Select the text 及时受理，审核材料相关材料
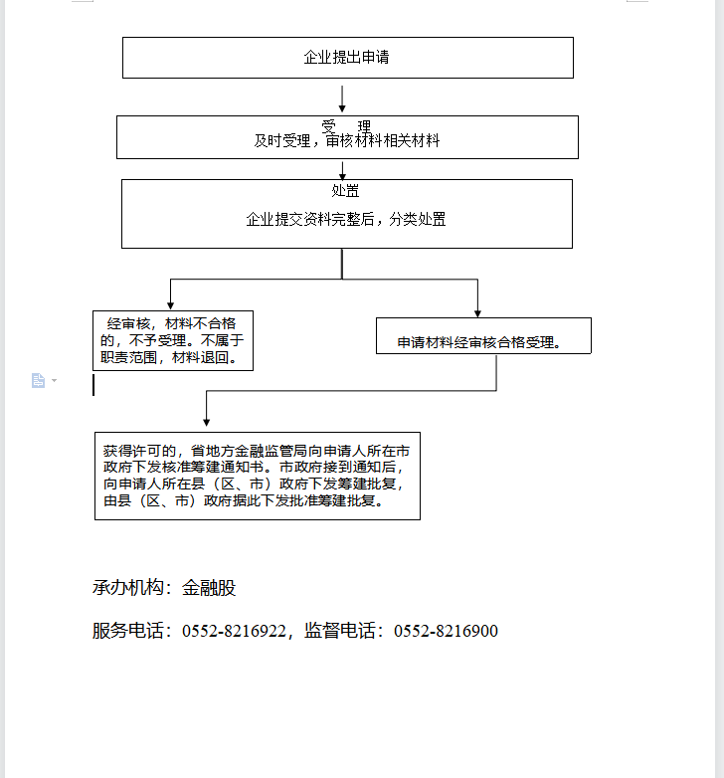[347, 141]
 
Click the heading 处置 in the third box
[345, 191]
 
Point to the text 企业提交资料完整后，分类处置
[346, 219]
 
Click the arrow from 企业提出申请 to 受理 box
[342, 98]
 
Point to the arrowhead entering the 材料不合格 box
[171, 305]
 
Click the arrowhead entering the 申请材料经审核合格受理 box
[477, 313]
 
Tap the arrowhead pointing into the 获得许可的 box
[206, 422]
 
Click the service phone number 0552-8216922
[234, 631]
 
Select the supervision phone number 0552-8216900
[446, 631]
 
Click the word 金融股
[209, 588]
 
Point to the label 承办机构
[128, 588]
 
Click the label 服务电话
[128, 631]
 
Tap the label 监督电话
[340, 631]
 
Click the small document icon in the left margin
[38, 381]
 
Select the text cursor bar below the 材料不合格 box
[93, 385]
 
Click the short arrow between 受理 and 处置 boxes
[342, 170]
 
